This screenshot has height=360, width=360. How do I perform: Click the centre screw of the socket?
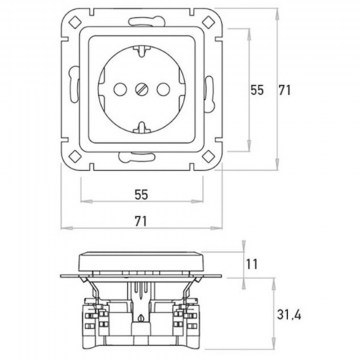[142, 89]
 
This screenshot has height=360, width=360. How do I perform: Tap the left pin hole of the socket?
[120, 89]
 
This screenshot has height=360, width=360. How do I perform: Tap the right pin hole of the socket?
[163, 89]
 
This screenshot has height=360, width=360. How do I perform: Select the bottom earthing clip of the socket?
[142, 128]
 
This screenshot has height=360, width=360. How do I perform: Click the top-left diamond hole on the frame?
[75, 22]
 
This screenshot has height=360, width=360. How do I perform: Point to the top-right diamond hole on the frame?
[208, 22]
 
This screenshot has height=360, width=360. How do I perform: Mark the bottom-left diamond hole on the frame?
[75, 156]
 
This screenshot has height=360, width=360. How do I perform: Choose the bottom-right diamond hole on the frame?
[208, 156]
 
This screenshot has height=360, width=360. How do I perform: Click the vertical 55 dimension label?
[257, 90]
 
